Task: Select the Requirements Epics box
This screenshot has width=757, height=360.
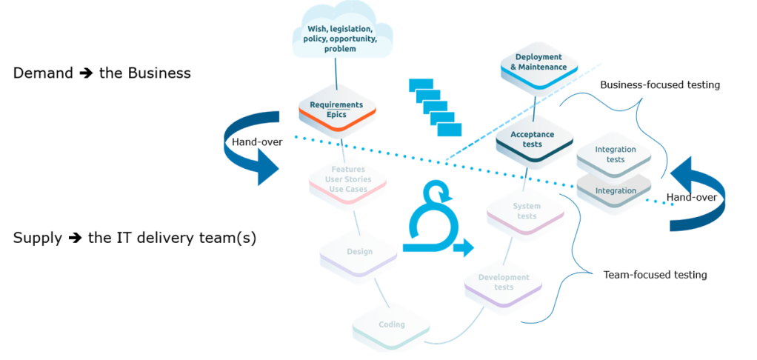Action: pyautogui.click(x=336, y=110)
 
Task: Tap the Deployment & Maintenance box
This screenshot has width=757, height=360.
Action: pyautogui.click(x=538, y=63)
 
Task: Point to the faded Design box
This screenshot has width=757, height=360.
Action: pyautogui.click(x=359, y=252)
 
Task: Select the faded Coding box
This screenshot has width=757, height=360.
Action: pyautogui.click(x=391, y=325)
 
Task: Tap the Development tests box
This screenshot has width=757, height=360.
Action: pyautogui.click(x=503, y=282)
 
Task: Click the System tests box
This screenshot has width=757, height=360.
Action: pyautogui.click(x=527, y=211)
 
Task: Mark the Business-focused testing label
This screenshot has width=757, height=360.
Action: pyautogui.click(x=659, y=85)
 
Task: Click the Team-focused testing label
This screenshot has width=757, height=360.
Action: pyautogui.click(x=655, y=275)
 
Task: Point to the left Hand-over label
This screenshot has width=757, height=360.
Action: pyautogui.click(x=257, y=141)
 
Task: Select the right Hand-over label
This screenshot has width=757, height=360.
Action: pyautogui.click(x=691, y=198)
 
